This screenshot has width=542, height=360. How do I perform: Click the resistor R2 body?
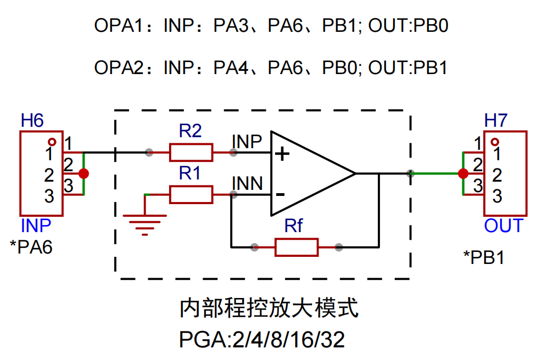click(191, 152)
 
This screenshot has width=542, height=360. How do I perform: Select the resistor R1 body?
click(191, 194)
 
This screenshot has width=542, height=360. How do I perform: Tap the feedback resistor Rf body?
click(297, 247)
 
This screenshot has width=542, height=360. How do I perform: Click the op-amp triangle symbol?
click(308, 173)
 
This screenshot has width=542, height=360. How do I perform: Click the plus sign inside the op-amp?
click(282, 154)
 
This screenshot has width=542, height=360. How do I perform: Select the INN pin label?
click(247, 182)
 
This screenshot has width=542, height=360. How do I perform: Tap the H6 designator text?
click(32, 121)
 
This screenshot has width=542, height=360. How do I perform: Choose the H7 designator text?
click(496, 121)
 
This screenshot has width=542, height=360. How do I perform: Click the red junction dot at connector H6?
click(83, 173)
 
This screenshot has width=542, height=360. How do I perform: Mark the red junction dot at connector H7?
click(463, 173)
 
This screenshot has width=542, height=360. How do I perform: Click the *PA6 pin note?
click(31, 247)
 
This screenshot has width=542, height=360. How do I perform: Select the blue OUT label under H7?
click(504, 226)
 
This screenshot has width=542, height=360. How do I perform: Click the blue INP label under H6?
click(36, 226)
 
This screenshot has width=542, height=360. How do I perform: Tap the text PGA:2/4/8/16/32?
click(262, 340)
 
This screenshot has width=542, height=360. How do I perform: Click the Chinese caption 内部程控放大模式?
click(269, 308)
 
